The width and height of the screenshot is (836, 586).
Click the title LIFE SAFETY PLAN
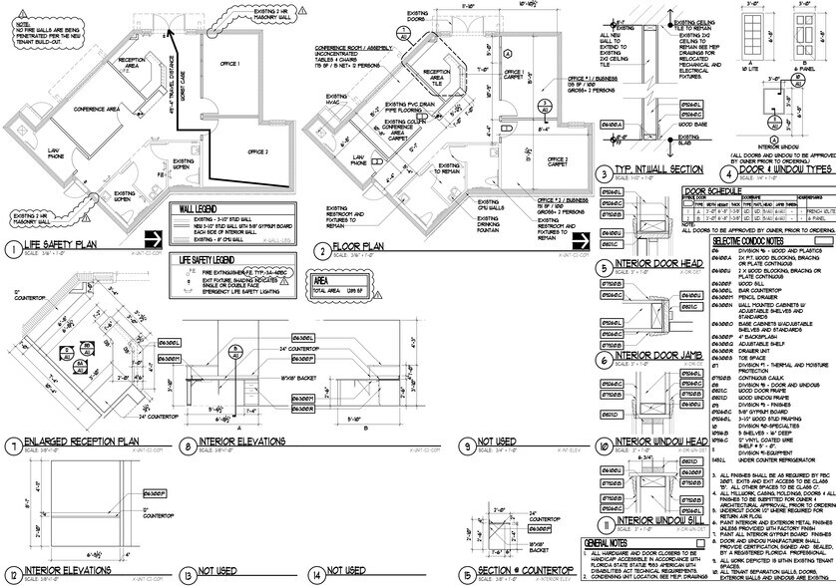pyautogui.click(x=66, y=243)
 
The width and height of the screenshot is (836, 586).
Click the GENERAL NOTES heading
pyautogui.click(x=610, y=541)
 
